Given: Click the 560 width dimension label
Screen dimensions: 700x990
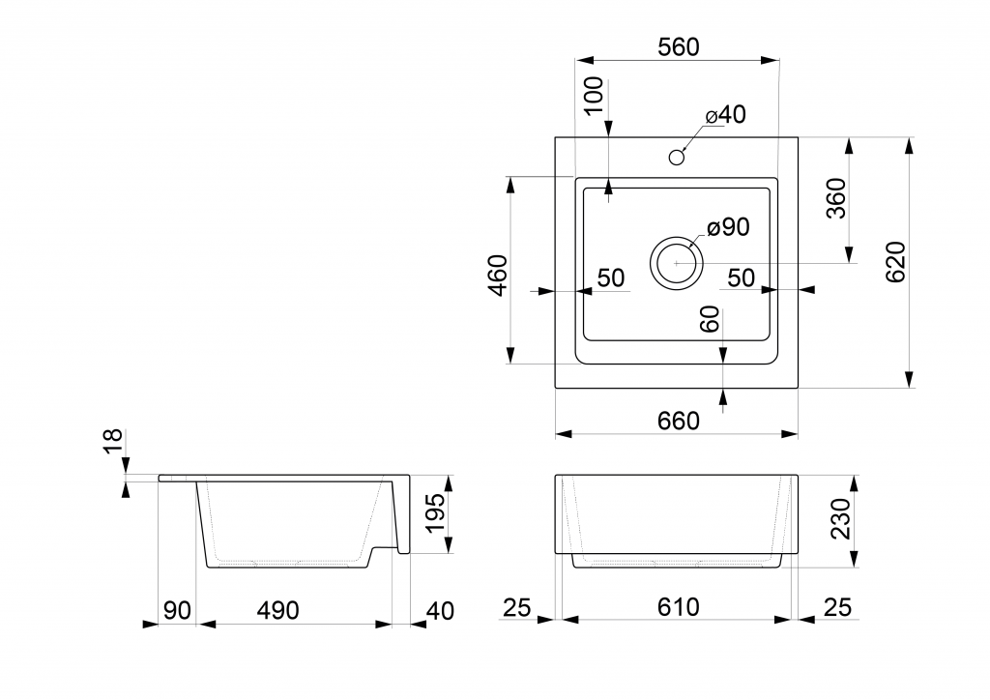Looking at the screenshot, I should (677, 47).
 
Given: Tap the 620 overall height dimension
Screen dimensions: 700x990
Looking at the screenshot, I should (894, 261).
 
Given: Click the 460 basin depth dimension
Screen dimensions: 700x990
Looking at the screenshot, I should (497, 275).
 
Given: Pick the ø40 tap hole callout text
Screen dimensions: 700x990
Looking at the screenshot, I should (725, 115).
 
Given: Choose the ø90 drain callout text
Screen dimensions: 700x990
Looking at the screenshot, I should (728, 228).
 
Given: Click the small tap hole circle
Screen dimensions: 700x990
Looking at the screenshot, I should (677, 156).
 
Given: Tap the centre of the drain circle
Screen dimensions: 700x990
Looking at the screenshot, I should (677, 262).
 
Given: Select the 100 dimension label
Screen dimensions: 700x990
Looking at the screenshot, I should (594, 95).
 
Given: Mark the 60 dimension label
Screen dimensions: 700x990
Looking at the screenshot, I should (711, 320).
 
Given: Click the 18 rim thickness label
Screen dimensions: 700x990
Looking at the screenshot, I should (114, 441).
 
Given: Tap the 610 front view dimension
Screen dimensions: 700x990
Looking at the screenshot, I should (679, 607).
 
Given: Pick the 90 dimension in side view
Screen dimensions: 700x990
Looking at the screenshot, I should (177, 610).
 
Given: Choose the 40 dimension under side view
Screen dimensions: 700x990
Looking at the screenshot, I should (439, 610).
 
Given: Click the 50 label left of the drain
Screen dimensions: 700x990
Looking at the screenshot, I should (610, 278).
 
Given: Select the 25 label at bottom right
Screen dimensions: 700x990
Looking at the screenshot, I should (837, 607).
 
